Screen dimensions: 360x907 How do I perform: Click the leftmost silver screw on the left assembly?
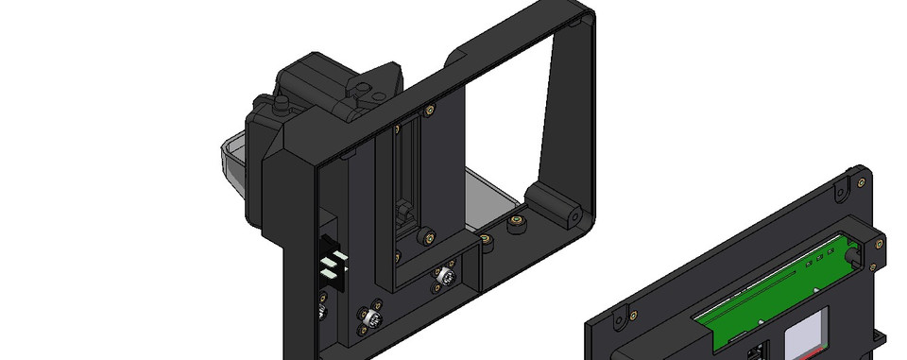322,312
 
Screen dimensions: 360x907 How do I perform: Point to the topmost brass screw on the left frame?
431,110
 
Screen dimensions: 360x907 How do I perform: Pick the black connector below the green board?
756,352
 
